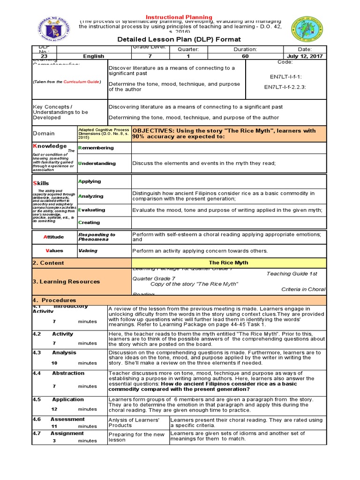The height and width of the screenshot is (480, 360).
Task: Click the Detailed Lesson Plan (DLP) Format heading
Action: (x=180, y=39)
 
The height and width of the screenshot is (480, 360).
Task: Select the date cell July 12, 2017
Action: (x=305, y=56)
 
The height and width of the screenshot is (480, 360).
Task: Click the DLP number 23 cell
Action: (x=44, y=56)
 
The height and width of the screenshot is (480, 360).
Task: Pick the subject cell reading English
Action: (x=94, y=56)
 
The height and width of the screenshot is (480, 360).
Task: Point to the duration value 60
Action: (x=245, y=56)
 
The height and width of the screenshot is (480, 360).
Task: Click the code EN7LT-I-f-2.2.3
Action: (x=285, y=87)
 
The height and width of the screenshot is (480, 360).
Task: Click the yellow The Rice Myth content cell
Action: (x=228, y=263)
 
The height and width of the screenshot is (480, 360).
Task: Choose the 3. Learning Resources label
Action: (x=66, y=282)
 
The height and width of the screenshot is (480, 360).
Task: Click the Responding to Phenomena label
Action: (x=97, y=237)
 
